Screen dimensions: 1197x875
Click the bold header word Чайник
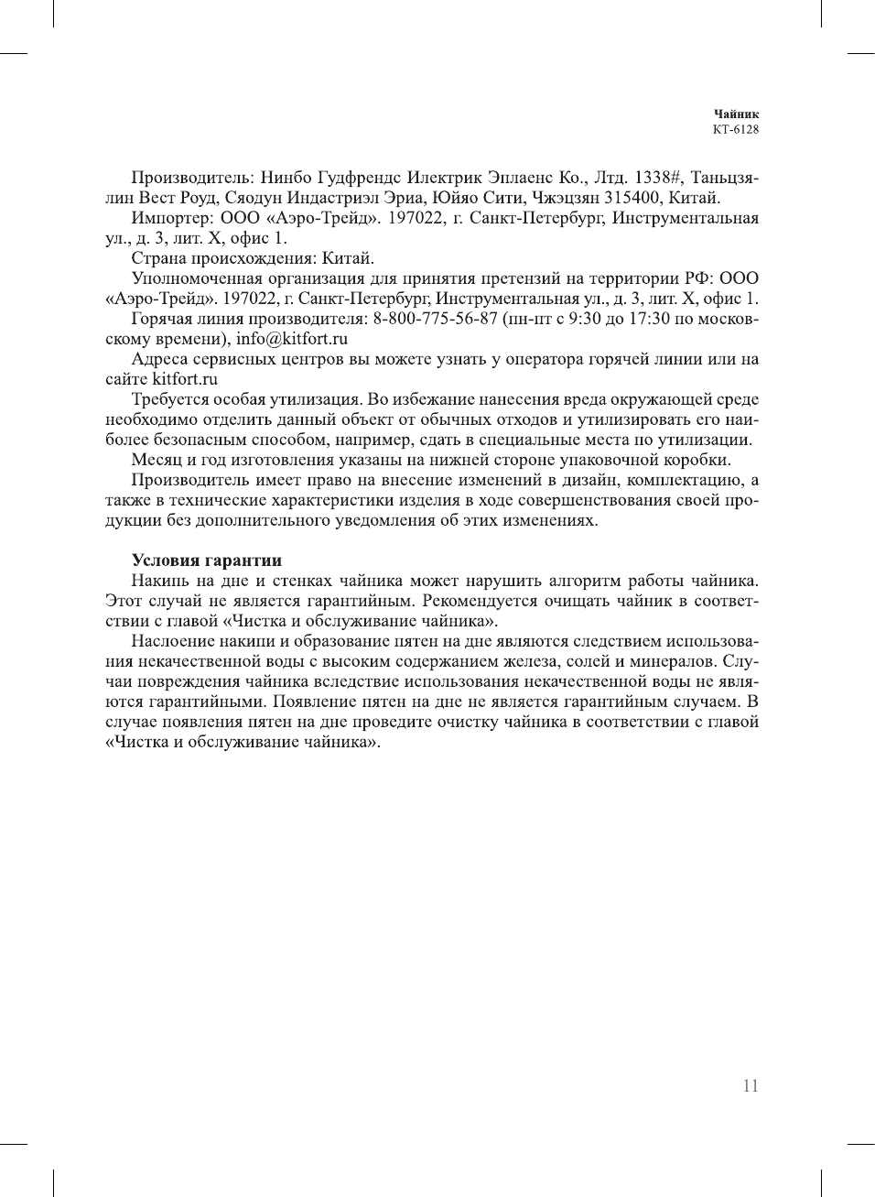[x=736, y=114]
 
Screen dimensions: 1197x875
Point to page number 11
[x=751, y=1086]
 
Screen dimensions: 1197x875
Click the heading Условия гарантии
[x=206, y=560]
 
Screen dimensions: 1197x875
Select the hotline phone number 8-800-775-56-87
[x=435, y=319]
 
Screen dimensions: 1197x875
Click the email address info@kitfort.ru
[x=292, y=339]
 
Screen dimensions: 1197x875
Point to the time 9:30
[x=586, y=319]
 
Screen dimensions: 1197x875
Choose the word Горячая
[x=162, y=319]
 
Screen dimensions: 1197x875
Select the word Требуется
[x=170, y=399]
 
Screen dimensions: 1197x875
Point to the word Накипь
[x=158, y=581]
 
